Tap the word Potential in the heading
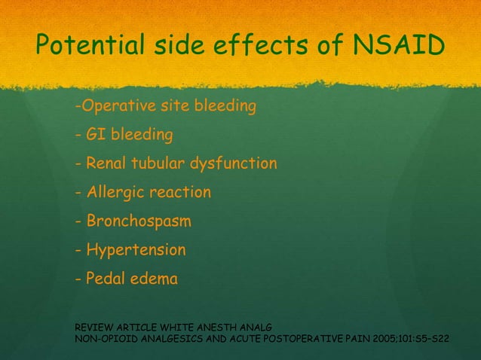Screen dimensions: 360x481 [81, 47]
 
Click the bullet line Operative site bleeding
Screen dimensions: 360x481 [166, 106]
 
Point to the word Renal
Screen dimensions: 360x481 [106, 163]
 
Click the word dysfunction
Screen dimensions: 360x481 [234, 163]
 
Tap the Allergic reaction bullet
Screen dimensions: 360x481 [143, 193]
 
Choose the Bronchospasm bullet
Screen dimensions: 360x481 [133, 221]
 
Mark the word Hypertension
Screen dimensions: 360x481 [136, 250]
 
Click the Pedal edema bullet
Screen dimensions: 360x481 [127, 279]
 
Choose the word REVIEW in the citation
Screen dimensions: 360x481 [91, 328]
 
